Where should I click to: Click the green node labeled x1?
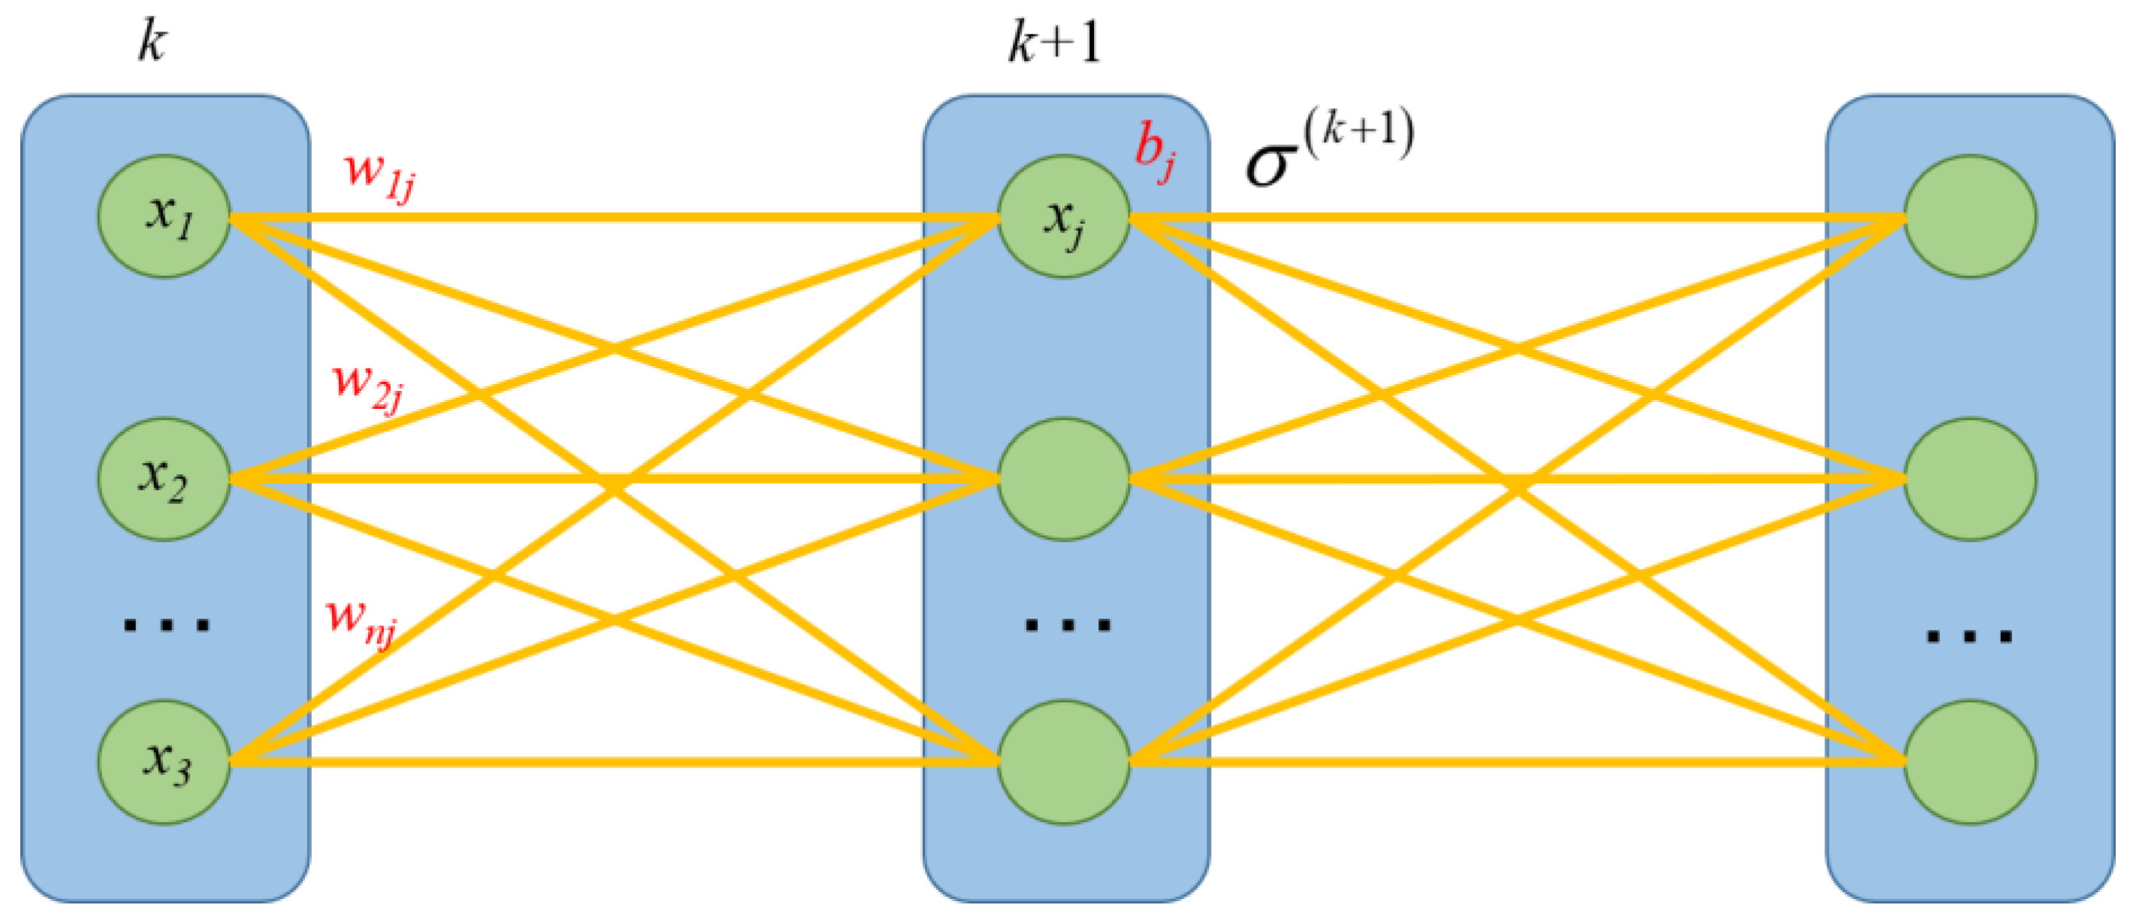[x=165, y=216]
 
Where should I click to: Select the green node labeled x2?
[x=165, y=479]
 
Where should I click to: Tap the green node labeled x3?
[x=165, y=761]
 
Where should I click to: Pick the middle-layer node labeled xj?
[x=1064, y=216]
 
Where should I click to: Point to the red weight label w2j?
[x=367, y=386]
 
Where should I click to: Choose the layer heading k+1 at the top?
[x=1055, y=41]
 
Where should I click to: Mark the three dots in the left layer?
[x=166, y=625]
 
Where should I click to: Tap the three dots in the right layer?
[x=1968, y=636]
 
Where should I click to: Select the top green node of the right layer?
[x=1969, y=216]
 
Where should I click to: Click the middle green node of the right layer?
[x=1969, y=479]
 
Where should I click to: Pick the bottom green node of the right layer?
[x=1969, y=761]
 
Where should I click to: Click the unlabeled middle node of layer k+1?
[x=1064, y=479]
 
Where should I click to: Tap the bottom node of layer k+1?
[x=1064, y=761]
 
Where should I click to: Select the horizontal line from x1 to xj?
[x=614, y=217]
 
